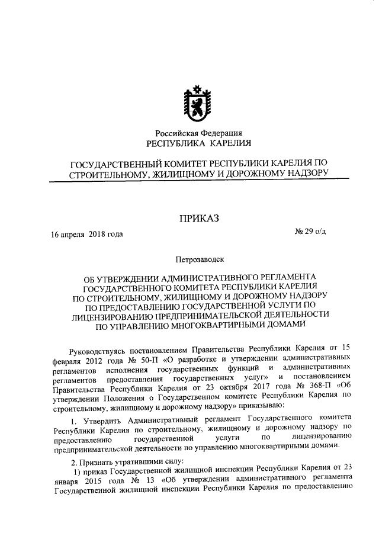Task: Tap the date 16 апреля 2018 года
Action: [87, 234]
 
